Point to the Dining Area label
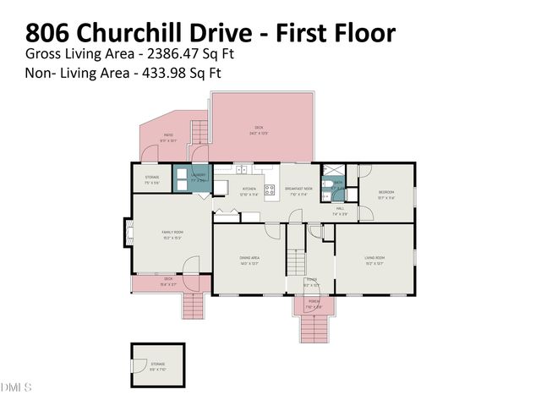pos(249,259)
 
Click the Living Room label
pos(374,259)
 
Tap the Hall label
pos(340,211)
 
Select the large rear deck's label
pos(259,129)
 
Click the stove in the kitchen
pos(272,191)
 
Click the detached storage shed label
pos(158,367)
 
